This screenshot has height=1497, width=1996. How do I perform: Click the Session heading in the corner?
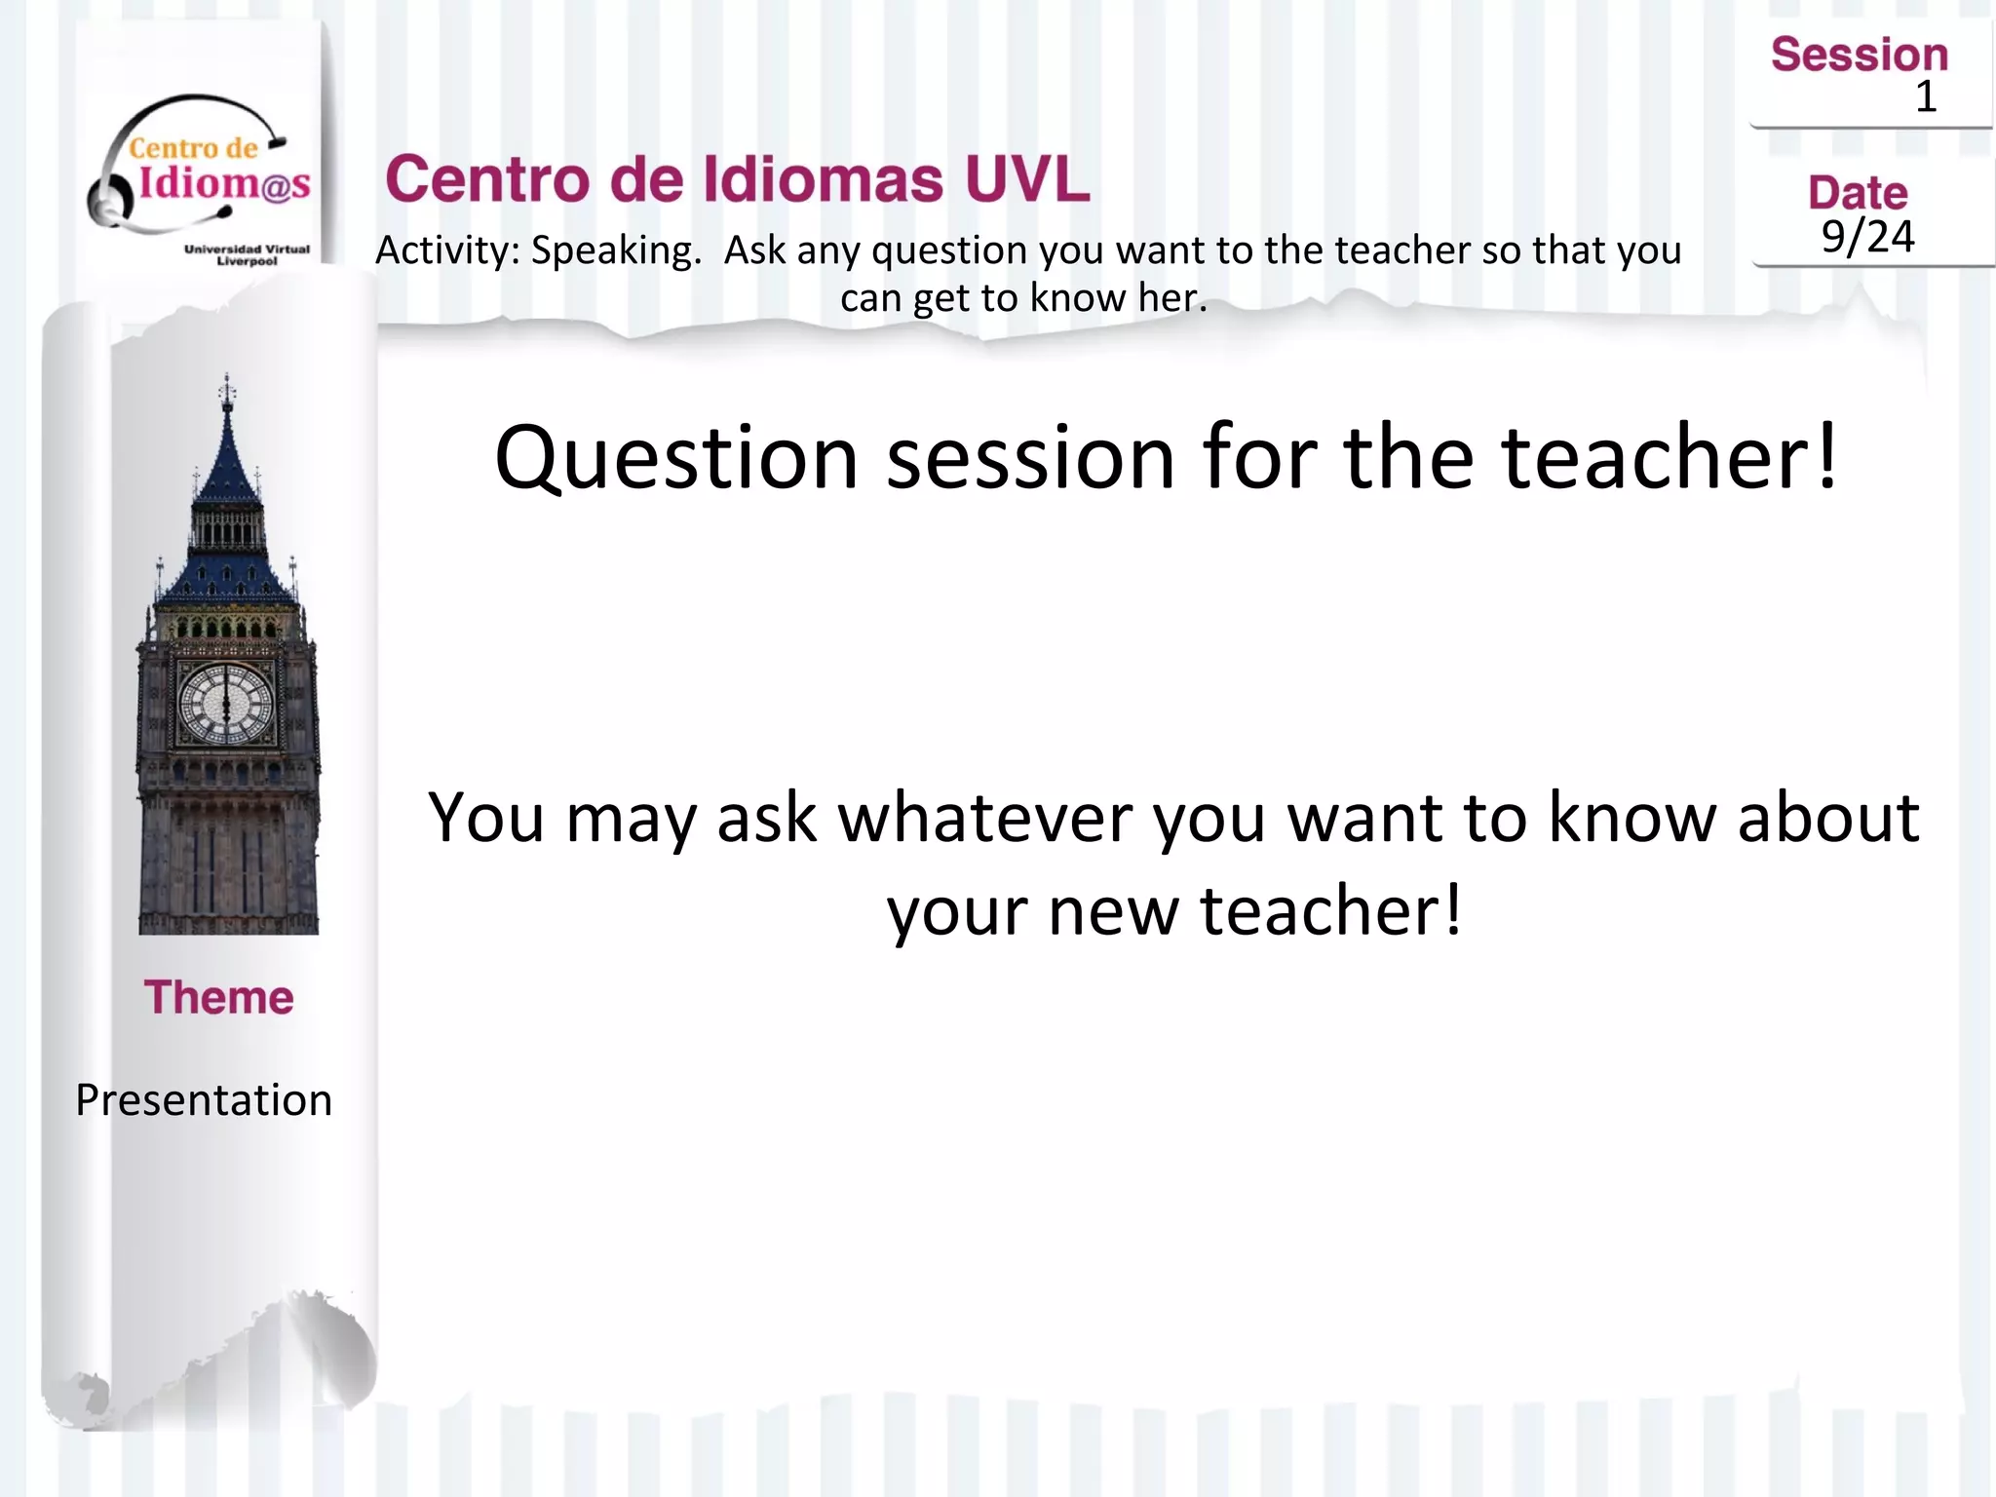[x=1859, y=55]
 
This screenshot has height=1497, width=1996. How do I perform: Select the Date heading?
[x=1858, y=193]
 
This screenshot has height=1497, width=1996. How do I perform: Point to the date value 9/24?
[x=1867, y=237]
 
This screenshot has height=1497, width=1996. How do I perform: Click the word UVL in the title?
[x=1027, y=179]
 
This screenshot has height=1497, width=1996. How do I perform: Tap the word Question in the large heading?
[x=676, y=458]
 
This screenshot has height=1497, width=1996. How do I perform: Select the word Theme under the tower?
[x=218, y=998]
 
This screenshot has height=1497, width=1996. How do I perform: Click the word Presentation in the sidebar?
[x=204, y=1100]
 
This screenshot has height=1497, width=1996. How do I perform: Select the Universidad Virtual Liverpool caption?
[x=247, y=255]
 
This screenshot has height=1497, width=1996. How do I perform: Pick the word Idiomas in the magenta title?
[x=824, y=179]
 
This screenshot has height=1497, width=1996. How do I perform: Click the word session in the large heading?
[x=1030, y=458]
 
